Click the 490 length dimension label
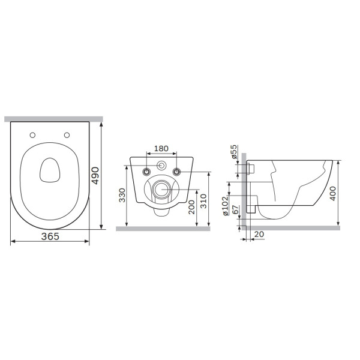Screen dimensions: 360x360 (x=95, y=175)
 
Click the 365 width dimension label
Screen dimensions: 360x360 (x=50, y=236)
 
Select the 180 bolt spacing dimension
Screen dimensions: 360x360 (x=161, y=149)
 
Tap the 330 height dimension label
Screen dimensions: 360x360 (x=122, y=195)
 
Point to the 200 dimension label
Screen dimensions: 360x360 (x=191, y=207)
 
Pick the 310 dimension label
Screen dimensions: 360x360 (x=203, y=201)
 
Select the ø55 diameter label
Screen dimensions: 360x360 (x=234, y=152)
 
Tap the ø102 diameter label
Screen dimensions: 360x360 (x=226, y=205)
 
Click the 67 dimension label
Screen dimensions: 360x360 (x=236, y=209)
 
